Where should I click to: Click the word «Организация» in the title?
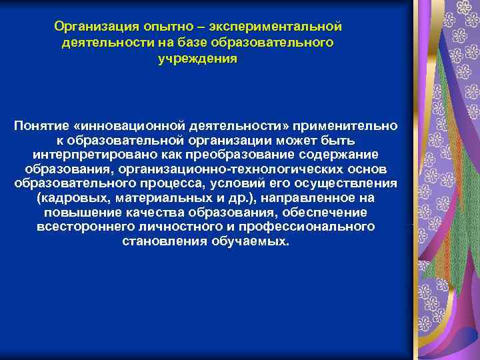click(95, 27)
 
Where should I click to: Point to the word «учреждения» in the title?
click(197, 58)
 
